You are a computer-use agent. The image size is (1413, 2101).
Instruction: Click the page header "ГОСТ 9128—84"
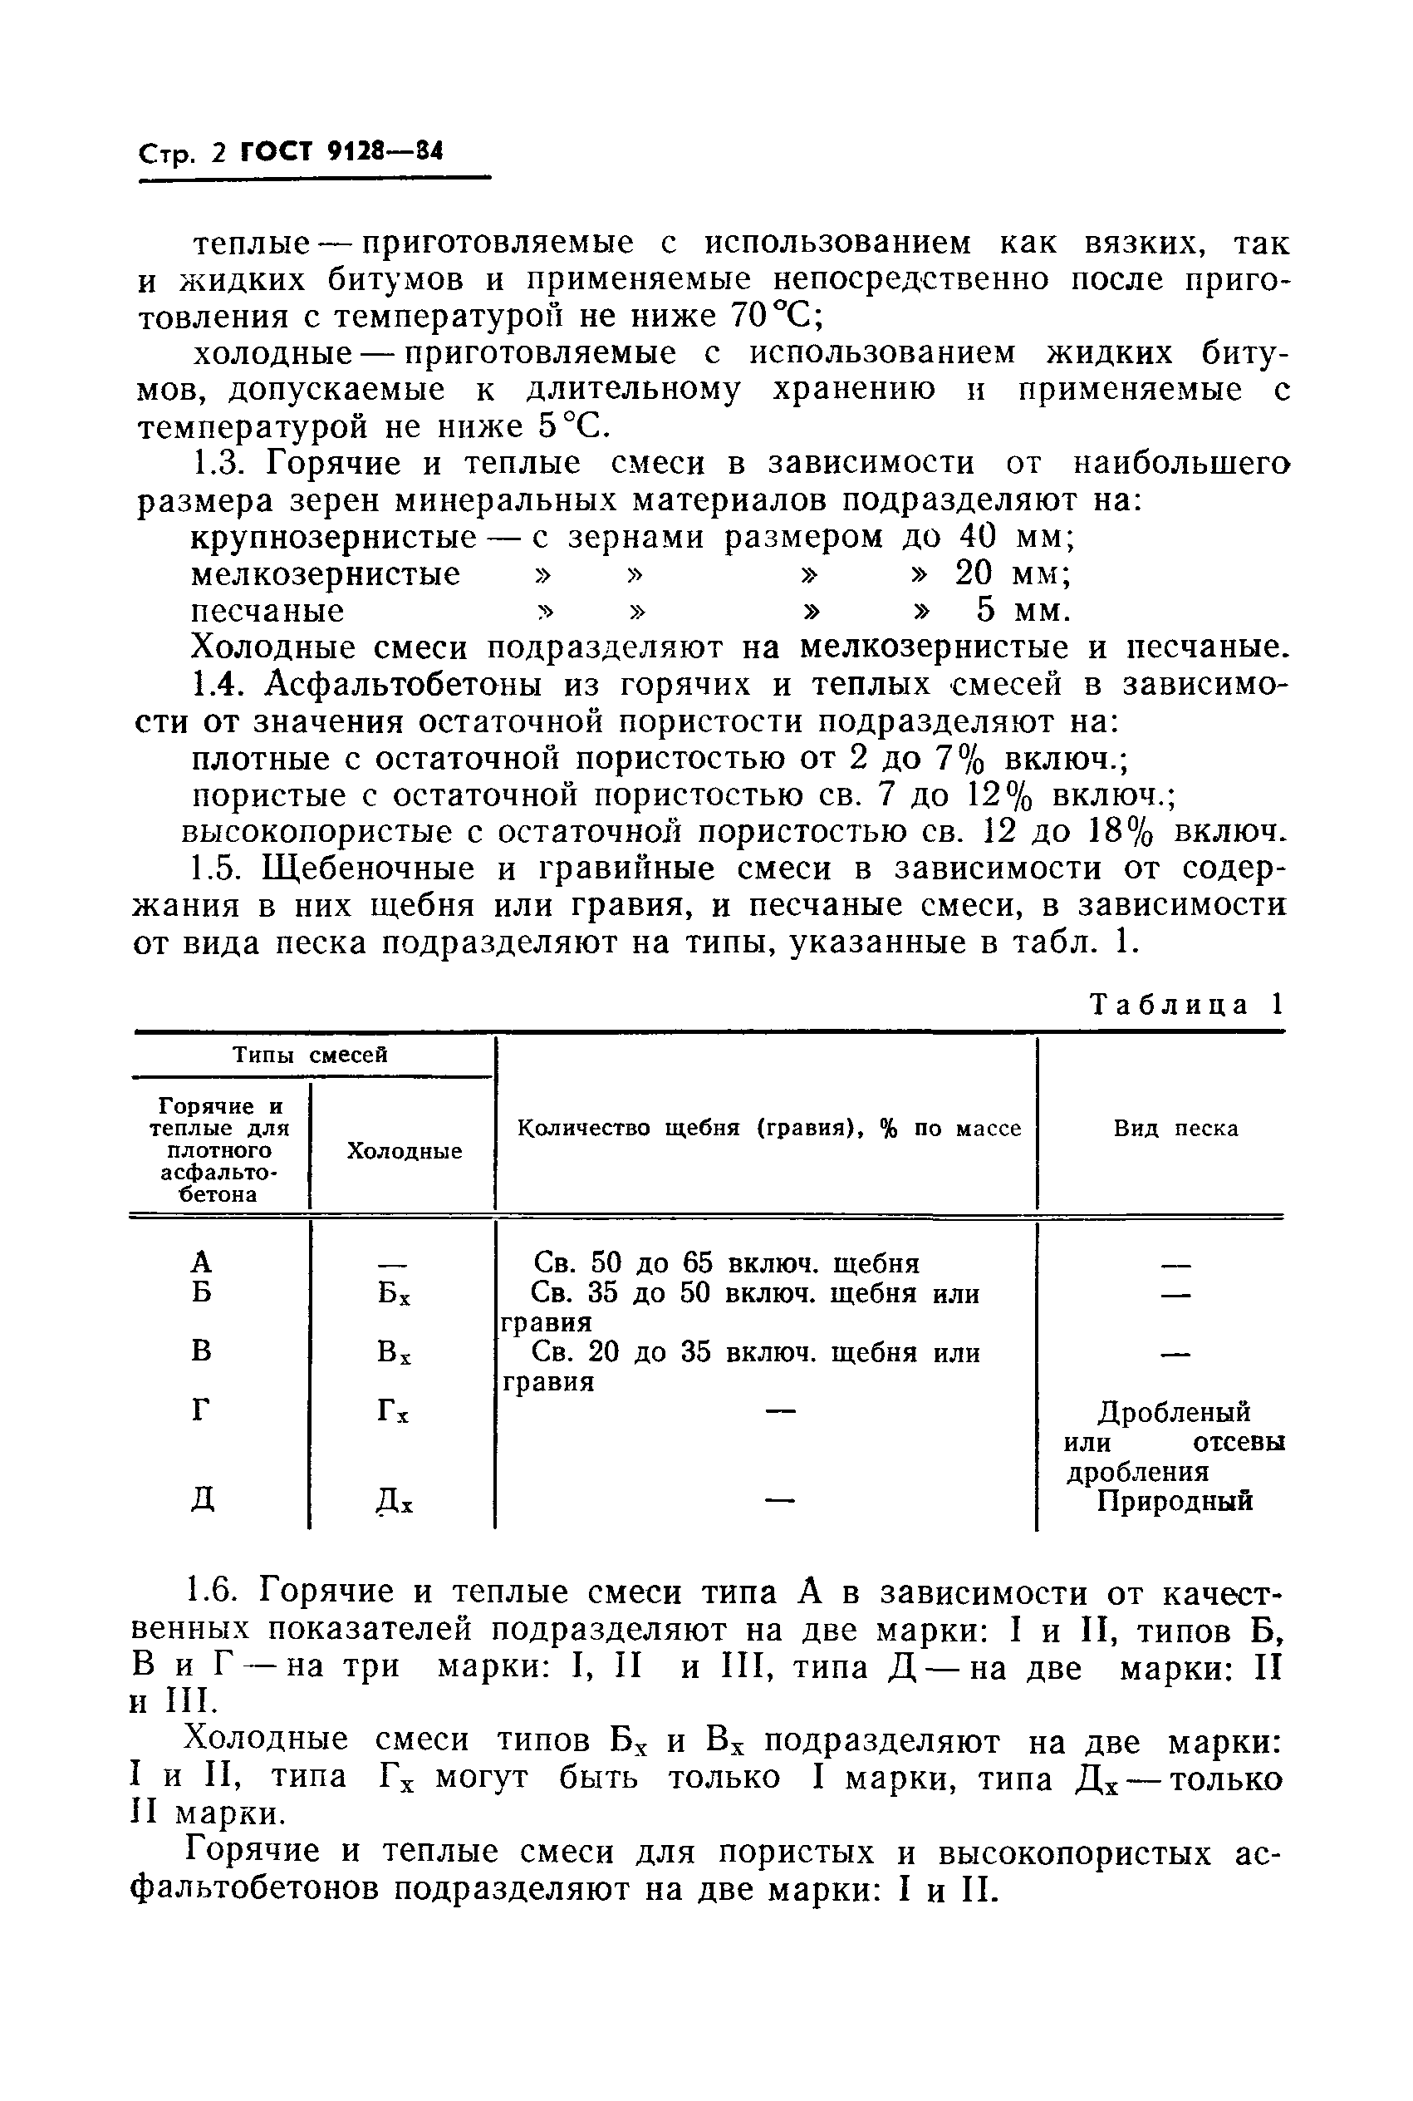(342, 151)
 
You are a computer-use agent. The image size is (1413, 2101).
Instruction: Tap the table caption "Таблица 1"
(1186, 1004)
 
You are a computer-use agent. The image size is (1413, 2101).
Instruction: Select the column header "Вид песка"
(1175, 1129)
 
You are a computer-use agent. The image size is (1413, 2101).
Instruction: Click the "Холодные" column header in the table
(405, 1151)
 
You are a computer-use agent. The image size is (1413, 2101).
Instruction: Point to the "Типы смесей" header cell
(310, 1055)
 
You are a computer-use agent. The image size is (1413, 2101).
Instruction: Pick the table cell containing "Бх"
(395, 1294)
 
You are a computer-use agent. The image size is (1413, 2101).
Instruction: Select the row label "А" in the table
(203, 1262)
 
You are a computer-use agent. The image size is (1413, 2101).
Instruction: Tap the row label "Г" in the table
(203, 1410)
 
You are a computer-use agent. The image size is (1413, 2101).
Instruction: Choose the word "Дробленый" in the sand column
(1175, 1411)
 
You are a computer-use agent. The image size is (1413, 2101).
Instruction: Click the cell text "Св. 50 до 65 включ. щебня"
(726, 1262)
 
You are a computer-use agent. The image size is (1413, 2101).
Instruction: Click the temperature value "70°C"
(773, 317)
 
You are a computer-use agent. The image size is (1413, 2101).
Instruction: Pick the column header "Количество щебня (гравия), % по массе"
(769, 1129)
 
